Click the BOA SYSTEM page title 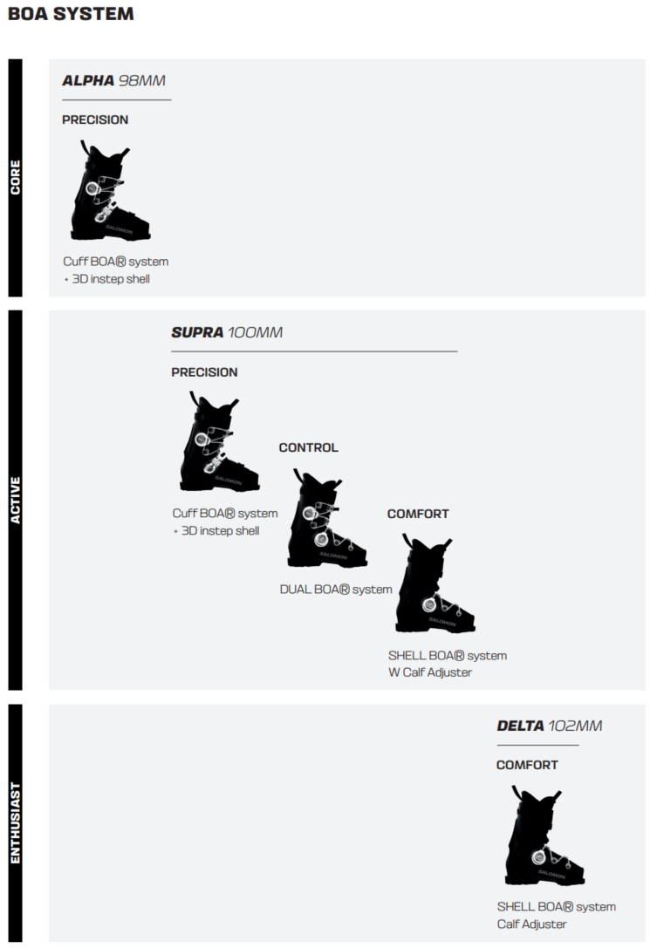(71, 14)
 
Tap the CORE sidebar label (15, 177)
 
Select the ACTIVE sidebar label (15, 500)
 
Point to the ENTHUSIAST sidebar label (15, 822)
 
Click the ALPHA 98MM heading (113, 80)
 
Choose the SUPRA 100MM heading (227, 332)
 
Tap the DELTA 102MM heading (550, 726)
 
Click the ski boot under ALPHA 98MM (110, 191)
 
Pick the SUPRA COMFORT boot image (435, 583)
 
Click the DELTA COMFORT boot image (544, 836)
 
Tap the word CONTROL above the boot (308, 447)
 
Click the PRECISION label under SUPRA (204, 372)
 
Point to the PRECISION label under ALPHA (95, 119)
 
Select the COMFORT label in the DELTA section (527, 765)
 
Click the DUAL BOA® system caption (336, 589)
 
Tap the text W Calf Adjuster (430, 672)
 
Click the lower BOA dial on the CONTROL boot (321, 539)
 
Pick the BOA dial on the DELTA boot (538, 856)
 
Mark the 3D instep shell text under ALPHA (111, 279)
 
